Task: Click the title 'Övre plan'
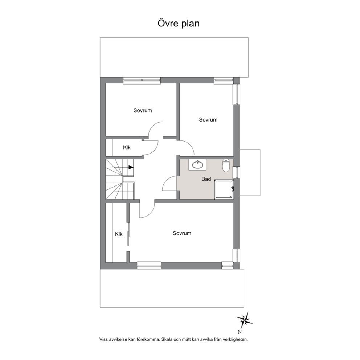(x=179, y=24)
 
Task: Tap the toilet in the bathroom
(x=226, y=165)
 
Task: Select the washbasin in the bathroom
(x=197, y=165)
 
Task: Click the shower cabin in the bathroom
(x=224, y=189)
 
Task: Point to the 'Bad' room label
(x=206, y=179)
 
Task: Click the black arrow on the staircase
(x=131, y=167)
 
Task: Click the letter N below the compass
(x=240, y=332)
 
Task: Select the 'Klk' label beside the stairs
(x=127, y=147)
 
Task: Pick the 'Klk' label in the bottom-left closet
(x=119, y=234)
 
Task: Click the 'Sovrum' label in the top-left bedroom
(x=143, y=110)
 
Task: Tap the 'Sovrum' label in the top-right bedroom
(x=208, y=120)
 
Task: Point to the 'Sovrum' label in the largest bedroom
(x=182, y=233)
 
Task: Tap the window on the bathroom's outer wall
(x=237, y=172)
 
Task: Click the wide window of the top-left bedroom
(x=142, y=80)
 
